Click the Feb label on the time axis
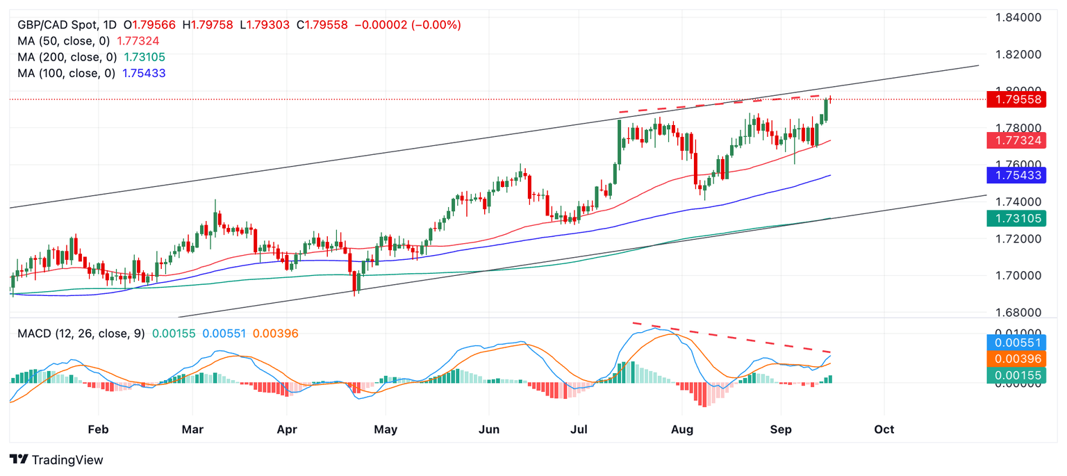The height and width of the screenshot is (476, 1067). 98,429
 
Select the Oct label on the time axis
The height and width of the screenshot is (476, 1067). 884,429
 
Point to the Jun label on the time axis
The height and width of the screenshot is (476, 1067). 490,429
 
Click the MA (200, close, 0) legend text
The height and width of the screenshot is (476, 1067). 67,57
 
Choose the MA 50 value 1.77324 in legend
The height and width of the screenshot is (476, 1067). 138,41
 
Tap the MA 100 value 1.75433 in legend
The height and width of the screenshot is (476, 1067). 144,73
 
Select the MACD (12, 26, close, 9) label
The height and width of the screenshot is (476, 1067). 81,334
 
